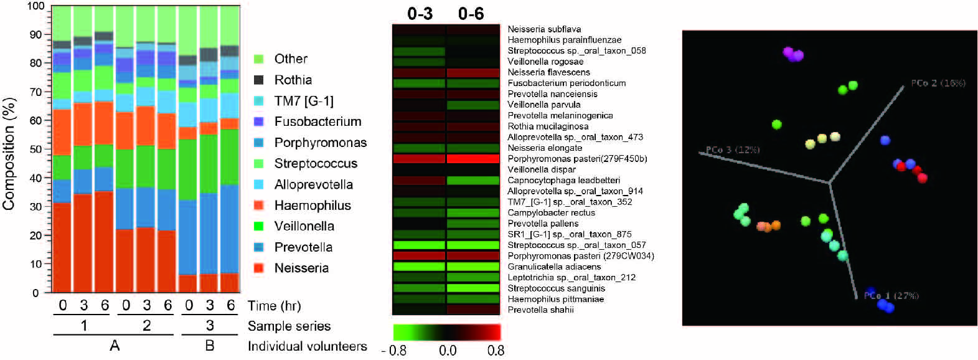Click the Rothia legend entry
point(293,80)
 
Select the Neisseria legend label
point(301,268)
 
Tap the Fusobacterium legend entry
point(317,121)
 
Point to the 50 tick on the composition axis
point(38,149)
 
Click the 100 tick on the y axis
point(36,6)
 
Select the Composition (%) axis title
point(9,153)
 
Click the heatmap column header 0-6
point(471,14)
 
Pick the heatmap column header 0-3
point(420,14)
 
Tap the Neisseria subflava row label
point(544,29)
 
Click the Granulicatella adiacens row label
point(554,267)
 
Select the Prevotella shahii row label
point(540,310)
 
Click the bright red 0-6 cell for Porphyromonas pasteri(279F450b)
point(473,159)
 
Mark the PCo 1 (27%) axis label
point(891,295)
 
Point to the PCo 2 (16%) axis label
point(938,83)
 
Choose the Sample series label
point(289,326)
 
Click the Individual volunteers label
point(307,346)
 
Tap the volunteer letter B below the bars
point(210,346)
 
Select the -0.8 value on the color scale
point(395,351)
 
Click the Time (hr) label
point(274,306)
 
